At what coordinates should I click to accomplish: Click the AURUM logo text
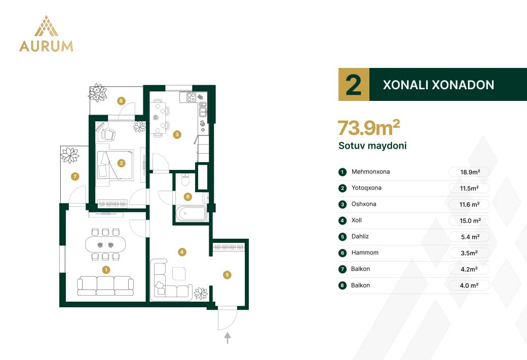[x=46, y=46]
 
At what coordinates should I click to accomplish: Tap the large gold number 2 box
[x=354, y=85]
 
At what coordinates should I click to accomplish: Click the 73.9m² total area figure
[x=369, y=128]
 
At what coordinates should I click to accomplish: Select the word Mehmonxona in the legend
[x=370, y=171]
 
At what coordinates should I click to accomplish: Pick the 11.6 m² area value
[x=470, y=204]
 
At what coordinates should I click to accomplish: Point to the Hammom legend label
[x=365, y=253]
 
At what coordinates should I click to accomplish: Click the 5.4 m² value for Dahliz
[x=470, y=237]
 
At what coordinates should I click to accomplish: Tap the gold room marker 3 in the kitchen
[x=177, y=135]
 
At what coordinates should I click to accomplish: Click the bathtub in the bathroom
[x=191, y=213]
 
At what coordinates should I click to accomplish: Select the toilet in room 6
[x=185, y=179]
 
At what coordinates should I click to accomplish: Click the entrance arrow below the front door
[x=228, y=338]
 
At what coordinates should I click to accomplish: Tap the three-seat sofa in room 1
[x=105, y=286]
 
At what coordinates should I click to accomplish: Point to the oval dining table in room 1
[x=105, y=244]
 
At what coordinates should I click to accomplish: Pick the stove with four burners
[x=191, y=97]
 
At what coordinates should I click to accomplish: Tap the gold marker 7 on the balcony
[x=75, y=176]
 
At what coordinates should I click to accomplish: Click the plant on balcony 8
[x=97, y=92]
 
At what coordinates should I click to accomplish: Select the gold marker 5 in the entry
[x=227, y=275]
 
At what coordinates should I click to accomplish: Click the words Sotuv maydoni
[x=372, y=146]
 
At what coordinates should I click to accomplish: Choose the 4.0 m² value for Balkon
[x=469, y=285]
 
